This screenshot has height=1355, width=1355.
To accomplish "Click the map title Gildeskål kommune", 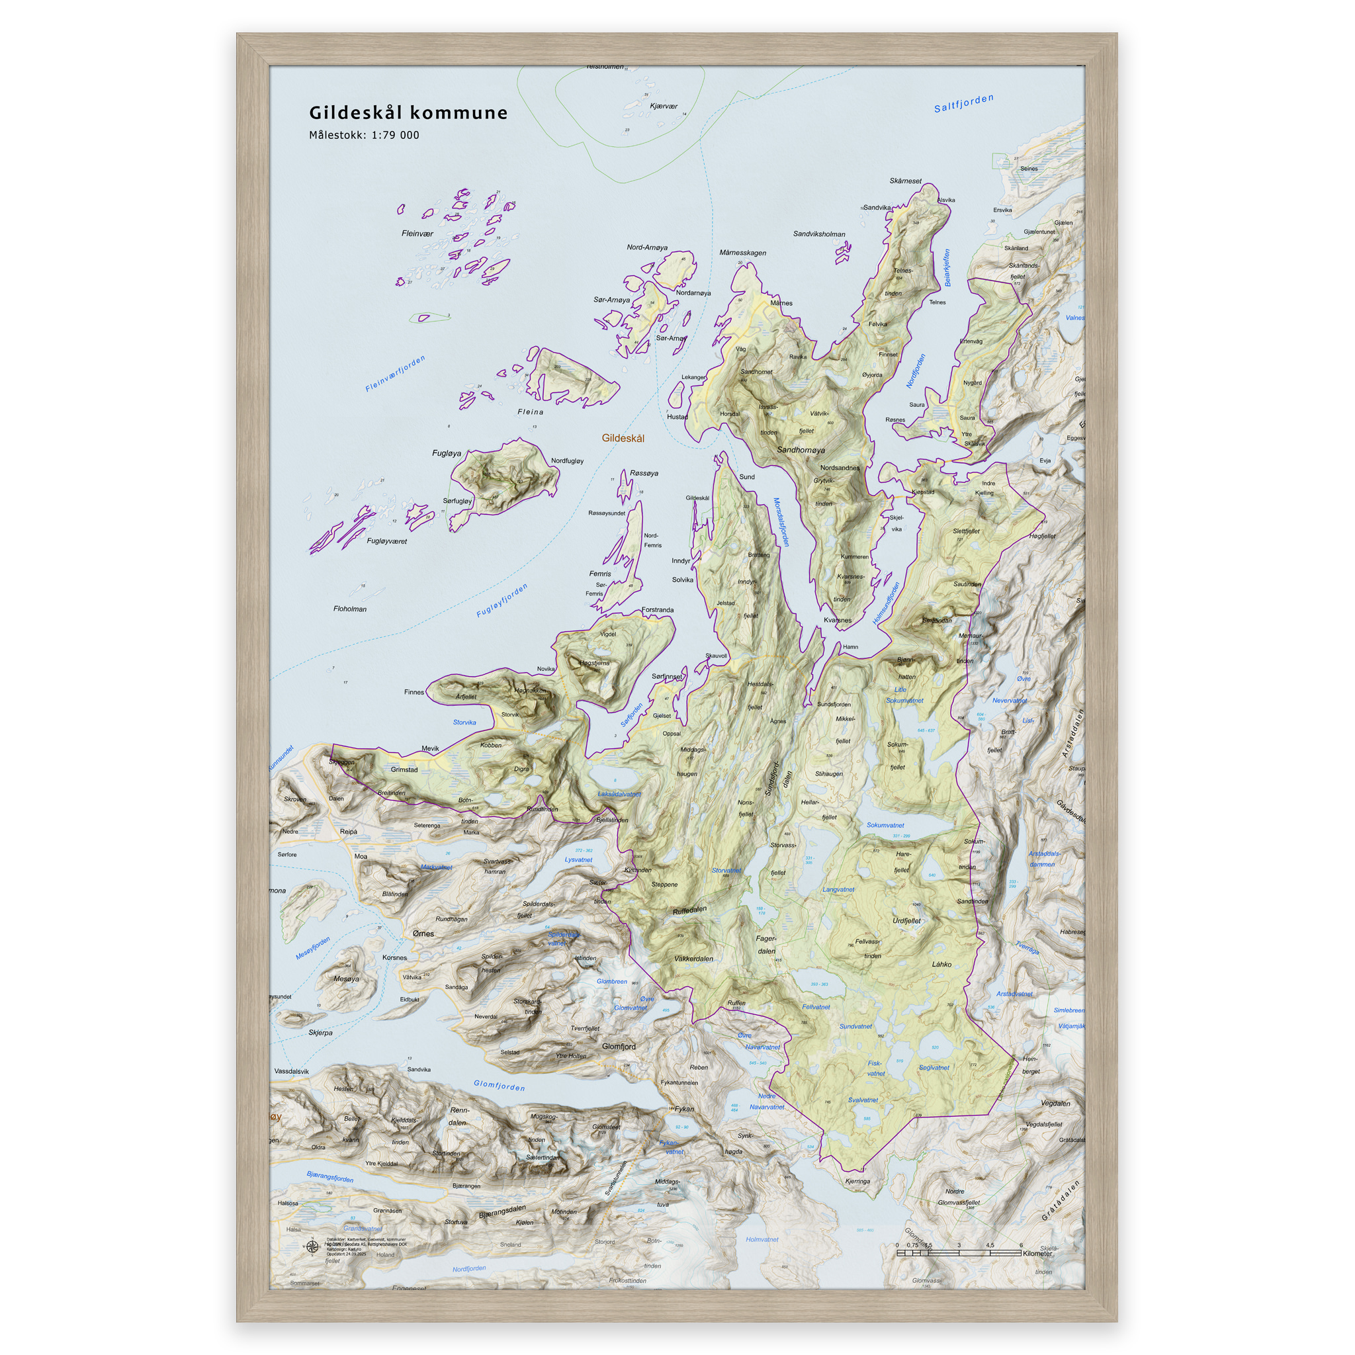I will (x=408, y=113).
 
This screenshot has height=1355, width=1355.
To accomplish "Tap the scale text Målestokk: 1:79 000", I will (x=364, y=136).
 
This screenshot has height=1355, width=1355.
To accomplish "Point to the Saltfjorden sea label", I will (x=963, y=104).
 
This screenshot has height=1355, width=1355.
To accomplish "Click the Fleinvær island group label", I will (x=417, y=234).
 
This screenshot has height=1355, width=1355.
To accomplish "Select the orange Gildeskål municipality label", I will (x=623, y=439).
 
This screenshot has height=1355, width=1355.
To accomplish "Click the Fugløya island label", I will (x=447, y=453).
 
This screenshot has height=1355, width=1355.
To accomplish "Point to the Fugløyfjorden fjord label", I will (x=502, y=601).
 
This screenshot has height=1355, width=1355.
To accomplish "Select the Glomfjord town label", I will (x=619, y=1047).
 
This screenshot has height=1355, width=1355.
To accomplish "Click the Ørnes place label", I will (x=423, y=934).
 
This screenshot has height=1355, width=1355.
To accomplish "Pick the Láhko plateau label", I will (x=942, y=965).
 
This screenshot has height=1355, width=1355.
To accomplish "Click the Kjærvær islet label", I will (x=664, y=107).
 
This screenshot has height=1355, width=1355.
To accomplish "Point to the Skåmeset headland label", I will (x=906, y=181).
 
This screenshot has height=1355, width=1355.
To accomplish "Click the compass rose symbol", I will (x=312, y=1246).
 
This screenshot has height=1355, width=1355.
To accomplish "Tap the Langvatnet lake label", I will (x=838, y=889).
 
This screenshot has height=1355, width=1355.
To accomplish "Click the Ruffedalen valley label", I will (x=690, y=910).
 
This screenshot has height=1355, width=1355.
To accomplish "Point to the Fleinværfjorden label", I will (x=396, y=374).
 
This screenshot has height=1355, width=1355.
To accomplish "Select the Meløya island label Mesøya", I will (x=347, y=979).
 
